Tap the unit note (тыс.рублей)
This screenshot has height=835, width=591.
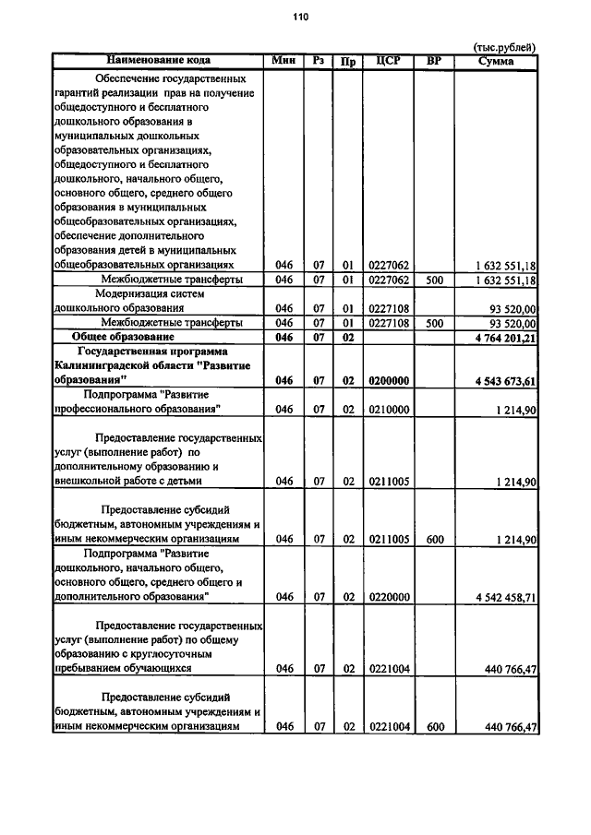click(x=504, y=47)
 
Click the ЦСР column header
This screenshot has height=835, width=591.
click(x=387, y=61)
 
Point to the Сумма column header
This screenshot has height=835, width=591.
click(x=497, y=61)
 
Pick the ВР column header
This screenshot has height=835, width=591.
click(x=434, y=61)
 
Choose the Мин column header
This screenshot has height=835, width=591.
click(x=283, y=60)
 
